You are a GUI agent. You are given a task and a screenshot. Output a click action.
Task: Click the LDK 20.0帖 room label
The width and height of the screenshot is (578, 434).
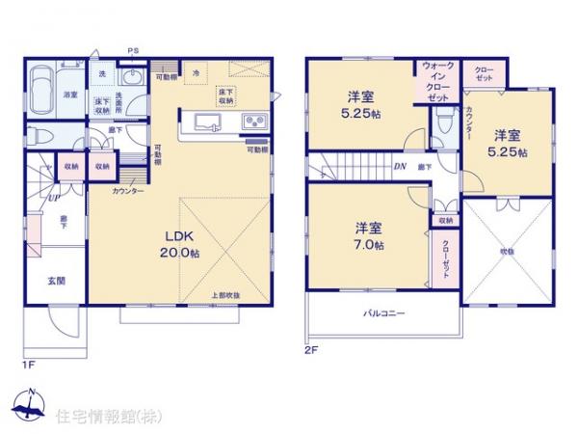[x=180, y=245]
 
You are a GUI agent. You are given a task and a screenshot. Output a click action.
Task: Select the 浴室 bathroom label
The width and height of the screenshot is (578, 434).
[x=71, y=95]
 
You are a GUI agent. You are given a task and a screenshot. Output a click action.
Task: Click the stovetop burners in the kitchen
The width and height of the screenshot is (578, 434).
[x=255, y=122]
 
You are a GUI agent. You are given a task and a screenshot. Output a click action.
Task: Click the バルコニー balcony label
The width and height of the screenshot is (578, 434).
[x=382, y=314]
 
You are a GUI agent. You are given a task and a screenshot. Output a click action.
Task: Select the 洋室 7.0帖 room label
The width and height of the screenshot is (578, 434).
[x=368, y=236]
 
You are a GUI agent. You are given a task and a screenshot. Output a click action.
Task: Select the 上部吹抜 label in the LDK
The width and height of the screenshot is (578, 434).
[x=226, y=294]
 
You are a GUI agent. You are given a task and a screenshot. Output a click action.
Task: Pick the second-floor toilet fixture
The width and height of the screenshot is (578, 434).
[x=443, y=123]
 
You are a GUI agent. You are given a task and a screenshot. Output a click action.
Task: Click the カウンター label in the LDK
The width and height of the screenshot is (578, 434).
[x=127, y=191]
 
